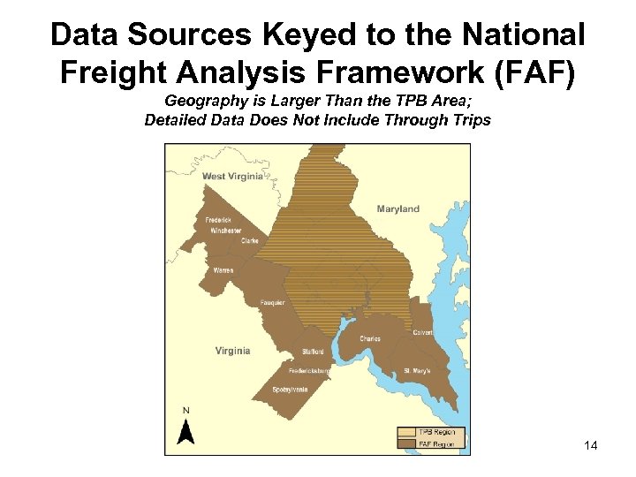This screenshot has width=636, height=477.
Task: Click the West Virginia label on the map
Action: coord(232,177)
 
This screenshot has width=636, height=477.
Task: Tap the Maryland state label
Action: coord(397,209)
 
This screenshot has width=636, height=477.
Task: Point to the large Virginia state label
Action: coord(232,351)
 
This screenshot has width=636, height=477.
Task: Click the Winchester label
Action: coord(225,231)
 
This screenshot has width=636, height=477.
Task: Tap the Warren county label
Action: coord(223,269)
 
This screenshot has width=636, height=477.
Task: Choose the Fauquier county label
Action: coord(272,303)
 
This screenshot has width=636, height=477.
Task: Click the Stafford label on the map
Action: coord(313,352)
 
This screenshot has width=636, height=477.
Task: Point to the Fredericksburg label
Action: coord(309,371)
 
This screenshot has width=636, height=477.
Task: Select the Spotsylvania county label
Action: coord(290,390)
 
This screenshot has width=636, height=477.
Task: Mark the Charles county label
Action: coord(370,338)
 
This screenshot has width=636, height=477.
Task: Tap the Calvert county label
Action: coord(422,332)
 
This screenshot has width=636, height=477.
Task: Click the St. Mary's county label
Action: coord(417,371)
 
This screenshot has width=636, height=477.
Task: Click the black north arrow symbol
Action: coord(185,432)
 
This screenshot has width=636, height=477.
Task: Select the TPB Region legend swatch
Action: coord(406,432)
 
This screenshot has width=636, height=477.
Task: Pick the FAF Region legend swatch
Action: coord(406,443)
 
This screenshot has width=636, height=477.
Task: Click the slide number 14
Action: coord(591,446)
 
